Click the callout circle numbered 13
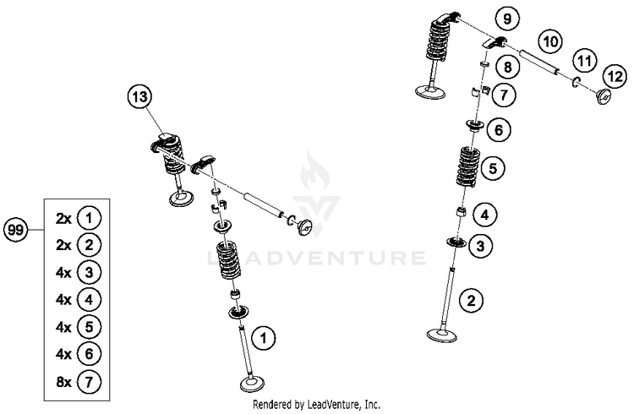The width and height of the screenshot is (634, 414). [x=139, y=97]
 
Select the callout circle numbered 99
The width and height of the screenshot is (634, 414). [x=16, y=230]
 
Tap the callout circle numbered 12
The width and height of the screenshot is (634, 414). [x=615, y=76]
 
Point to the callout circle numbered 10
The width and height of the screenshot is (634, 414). [x=550, y=41]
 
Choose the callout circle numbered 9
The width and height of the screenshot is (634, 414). [x=507, y=19]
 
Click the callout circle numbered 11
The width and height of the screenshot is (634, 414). [x=584, y=62]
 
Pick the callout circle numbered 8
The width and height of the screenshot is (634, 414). [x=507, y=67]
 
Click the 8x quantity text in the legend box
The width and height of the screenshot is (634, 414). [x=63, y=382]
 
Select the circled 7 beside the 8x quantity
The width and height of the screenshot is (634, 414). [x=89, y=382]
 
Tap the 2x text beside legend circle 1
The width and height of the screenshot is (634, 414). [x=63, y=219]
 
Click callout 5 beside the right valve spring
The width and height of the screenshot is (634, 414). [x=493, y=168]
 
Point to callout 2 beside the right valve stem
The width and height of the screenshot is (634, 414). [x=472, y=301]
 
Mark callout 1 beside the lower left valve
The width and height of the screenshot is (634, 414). [x=263, y=338]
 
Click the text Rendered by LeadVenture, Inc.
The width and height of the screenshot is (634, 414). [x=316, y=404]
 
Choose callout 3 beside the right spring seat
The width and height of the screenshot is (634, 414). [x=480, y=246]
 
